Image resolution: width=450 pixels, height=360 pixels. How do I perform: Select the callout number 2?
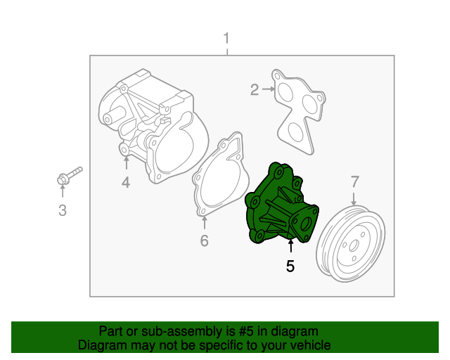pos(254,89)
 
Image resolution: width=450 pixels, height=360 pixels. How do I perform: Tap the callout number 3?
pos(62,210)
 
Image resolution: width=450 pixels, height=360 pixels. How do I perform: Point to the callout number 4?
pos(126,184)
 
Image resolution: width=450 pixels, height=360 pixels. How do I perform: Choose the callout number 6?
pos(205,241)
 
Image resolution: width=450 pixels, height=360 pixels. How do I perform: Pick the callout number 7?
pos(354,183)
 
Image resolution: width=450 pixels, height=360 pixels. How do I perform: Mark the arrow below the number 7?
pos(354,199)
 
